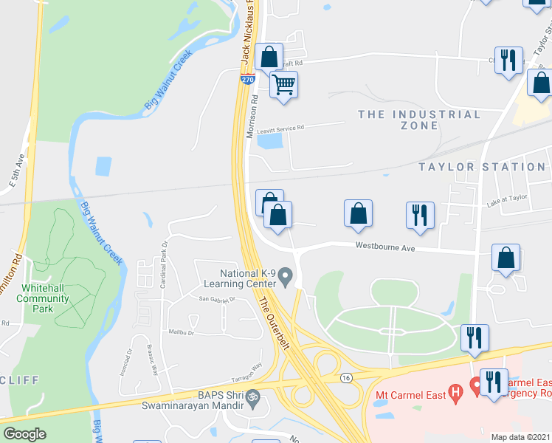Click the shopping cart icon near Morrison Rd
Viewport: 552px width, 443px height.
(284, 85)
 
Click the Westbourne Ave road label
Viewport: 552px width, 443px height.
(384, 247)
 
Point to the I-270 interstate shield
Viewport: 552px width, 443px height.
(247, 77)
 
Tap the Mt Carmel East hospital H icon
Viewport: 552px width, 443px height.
(456, 391)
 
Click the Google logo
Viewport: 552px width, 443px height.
(24, 433)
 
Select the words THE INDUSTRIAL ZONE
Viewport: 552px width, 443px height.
(419, 120)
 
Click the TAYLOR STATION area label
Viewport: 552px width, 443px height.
(482, 167)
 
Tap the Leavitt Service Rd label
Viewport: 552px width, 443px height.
(280, 128)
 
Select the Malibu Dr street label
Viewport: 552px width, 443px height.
(180, 332)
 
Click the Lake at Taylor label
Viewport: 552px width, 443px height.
(507, 198)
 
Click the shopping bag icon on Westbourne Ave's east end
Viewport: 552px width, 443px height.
(506, 258)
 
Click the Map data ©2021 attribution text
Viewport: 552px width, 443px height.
(520, 437)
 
